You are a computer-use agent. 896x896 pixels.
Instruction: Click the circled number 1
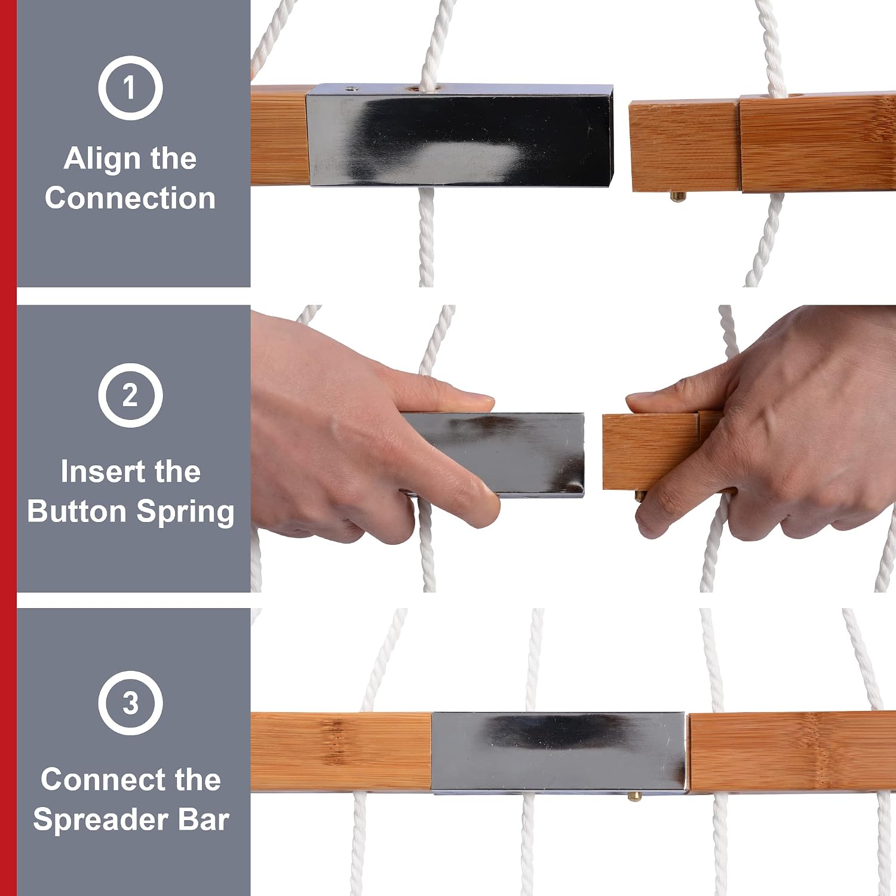click(x=130, y=88)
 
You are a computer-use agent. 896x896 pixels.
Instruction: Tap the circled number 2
click(x=130, y=395)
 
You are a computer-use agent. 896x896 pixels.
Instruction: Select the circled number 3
click(x=130, y=702)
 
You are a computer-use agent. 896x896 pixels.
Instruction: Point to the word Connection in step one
click(x=130, y=198)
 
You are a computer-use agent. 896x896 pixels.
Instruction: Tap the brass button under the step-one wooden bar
click(x=677, y=196)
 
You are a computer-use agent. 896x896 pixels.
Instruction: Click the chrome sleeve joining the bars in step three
click(x=559, y=752)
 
